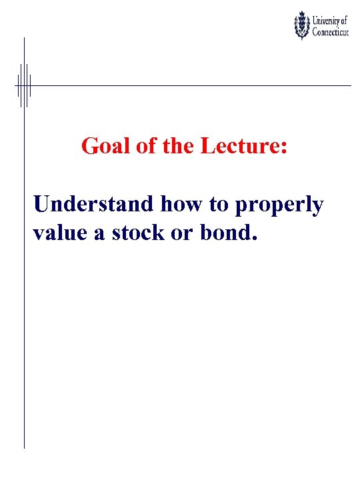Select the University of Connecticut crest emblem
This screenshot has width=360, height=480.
click(x=302, y=25)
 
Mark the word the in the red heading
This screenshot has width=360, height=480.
click(x=177, y=146)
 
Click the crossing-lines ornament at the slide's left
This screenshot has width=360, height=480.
click(x=24, y=85)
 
